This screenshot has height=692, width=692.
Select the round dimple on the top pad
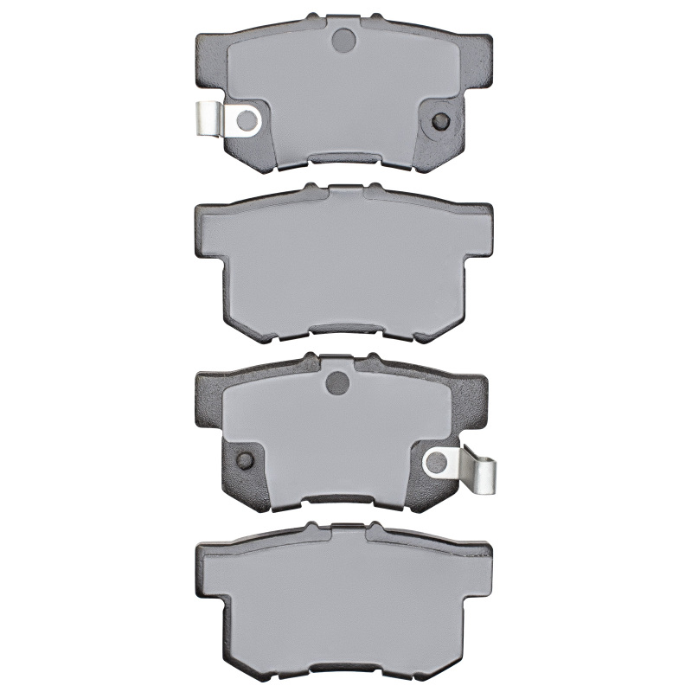(x=343, y=39)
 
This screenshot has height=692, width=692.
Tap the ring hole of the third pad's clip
(x=438, y=463)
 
